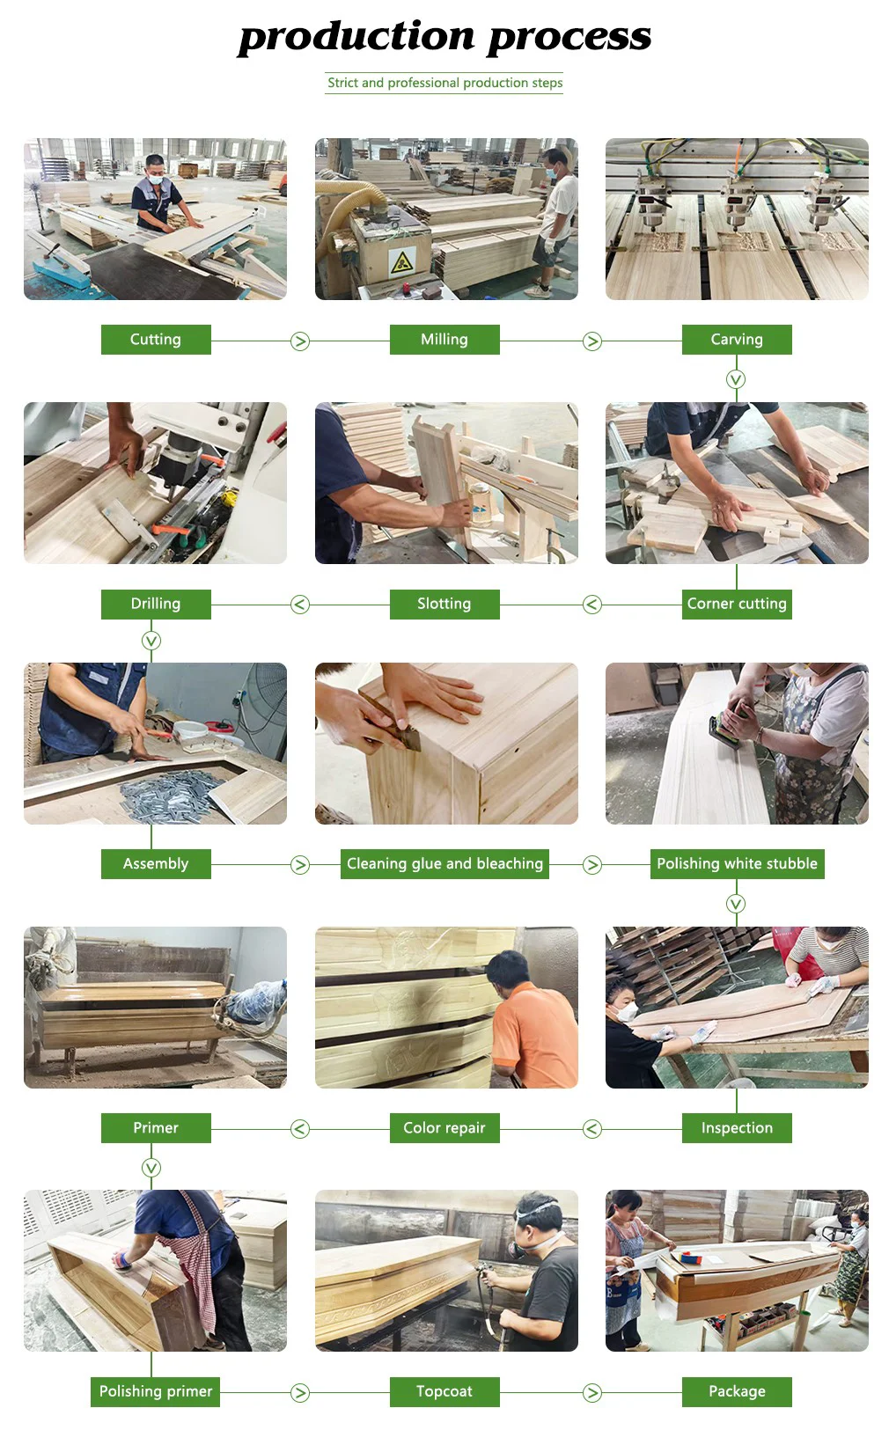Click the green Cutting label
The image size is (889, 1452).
(156, 339)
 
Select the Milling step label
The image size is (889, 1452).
(444, 339)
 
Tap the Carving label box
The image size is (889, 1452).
(737, 339)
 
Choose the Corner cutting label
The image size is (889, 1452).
(737, 604)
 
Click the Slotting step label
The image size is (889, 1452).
(444, 604)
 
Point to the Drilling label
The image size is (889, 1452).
(156, 604)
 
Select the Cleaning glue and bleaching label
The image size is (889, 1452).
(444, 863)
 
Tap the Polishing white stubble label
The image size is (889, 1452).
(738, 863)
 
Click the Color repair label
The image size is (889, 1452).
(444, 1127)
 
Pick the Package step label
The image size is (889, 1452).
(737, 1391)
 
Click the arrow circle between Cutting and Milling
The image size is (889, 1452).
(299, 341)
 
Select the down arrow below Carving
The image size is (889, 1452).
(735, 379)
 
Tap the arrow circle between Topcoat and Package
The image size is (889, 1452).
(592, 1392)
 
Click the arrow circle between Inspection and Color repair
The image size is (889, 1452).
(592, 1129)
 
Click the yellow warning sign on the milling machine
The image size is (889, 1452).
(402, 262)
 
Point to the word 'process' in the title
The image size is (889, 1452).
(569, 36)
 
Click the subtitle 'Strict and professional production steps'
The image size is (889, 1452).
(444, 83)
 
